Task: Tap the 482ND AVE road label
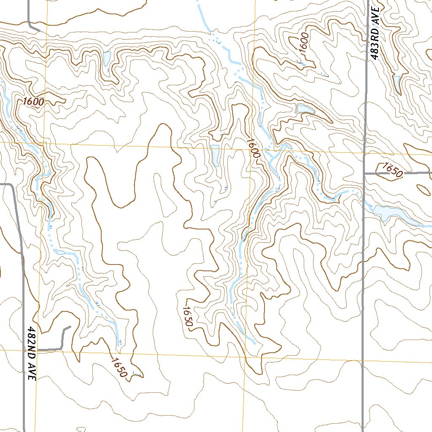pyautogui.click(x=30, y=354)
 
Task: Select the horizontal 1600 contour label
pyautogui.click(x=34, y=102)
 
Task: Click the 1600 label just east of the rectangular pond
pyautogui.click(x=254, y=148)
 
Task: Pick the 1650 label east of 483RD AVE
pyautogui.click(x=391, y=170)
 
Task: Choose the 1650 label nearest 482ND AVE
pyautogui.click(x=119, y=367)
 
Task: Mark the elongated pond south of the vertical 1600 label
pyautogui.click(x=305, y=110)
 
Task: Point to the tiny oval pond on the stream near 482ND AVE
pyautogui.click(x=59, y=252)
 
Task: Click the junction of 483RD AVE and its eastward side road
pyautogui.click(x=364, y=173)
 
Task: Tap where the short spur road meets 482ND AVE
pyautogui.click(x=38, y=350)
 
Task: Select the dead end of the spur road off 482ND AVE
pyautogui.click(x=70, y=327)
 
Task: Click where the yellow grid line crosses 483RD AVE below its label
pyautogui.click(x=364, y=153)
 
